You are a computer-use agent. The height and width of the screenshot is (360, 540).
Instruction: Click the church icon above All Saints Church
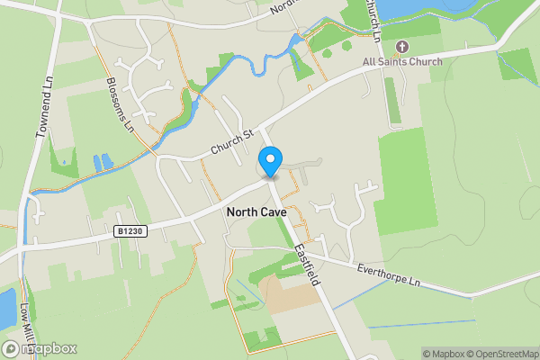click(401, 46)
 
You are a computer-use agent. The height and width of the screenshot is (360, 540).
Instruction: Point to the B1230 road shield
click(130, 231)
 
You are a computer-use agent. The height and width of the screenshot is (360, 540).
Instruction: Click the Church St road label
click(229, 139)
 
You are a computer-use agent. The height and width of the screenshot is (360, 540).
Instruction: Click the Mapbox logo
click(40, 348)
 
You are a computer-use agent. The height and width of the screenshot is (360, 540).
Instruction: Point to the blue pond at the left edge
click(7, 310)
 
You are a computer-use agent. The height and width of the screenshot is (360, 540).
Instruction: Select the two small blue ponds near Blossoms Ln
click(103, 162)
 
